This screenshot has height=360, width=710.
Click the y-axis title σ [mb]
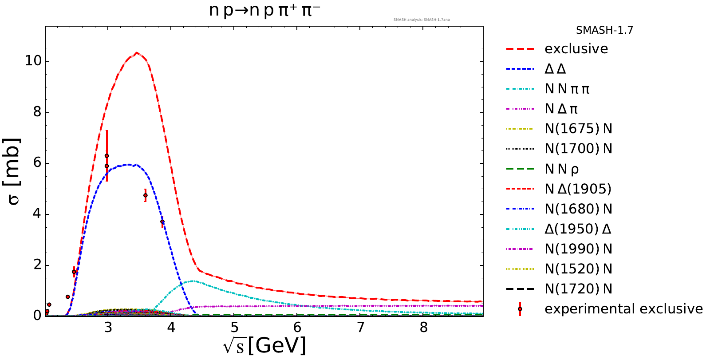point(14,172)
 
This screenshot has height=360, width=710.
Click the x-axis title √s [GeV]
point(264,346)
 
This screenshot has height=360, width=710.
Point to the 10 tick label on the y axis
point(33,61)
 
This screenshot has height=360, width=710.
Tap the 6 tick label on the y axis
point(38,163)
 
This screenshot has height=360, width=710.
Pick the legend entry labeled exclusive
point(576,49)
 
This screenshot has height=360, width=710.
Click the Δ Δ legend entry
point(555,69)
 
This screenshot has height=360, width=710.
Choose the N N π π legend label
point(567,89)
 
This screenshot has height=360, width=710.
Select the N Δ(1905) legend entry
point(578,189)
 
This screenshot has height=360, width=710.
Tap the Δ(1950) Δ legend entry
point(578,229)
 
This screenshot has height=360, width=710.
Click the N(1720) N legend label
point(578,289)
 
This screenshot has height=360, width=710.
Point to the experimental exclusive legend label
point(623,309)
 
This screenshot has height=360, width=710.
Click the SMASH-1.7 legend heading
point(604,30)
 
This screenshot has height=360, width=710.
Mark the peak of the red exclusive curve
point(137,53)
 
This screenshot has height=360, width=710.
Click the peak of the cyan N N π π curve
point(193,281)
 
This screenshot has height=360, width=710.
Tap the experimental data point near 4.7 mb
point(146,195)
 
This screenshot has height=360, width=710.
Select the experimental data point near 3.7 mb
point(162,222)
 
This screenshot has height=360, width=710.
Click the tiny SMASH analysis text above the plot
point(422,20)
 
